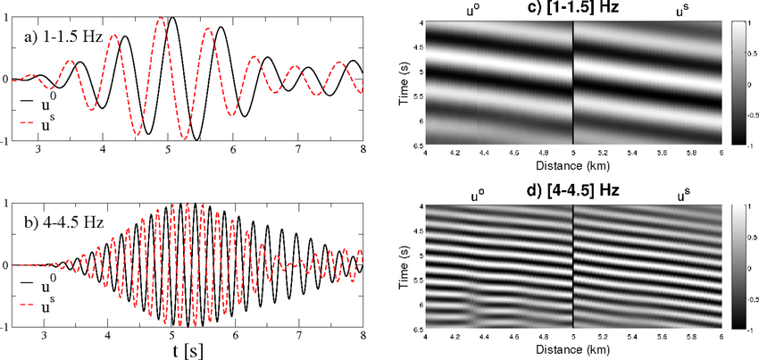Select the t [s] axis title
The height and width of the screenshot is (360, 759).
pos(189,349)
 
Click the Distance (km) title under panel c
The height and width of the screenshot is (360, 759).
pos(571,164)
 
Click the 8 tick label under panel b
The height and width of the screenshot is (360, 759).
pos(362,335)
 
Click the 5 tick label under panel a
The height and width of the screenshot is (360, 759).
pos(168,150)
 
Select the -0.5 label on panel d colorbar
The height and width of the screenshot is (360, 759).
pos(749,298)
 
